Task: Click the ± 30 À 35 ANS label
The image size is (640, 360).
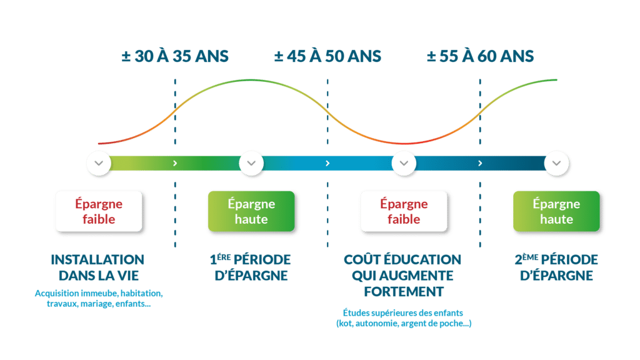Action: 175,56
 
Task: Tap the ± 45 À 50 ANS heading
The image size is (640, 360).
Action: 327,56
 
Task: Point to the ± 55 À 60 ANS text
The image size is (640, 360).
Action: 480,56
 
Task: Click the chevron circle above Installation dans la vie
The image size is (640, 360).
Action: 99,163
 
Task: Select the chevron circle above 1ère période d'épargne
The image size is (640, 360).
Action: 251,163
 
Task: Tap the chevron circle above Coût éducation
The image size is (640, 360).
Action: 404,163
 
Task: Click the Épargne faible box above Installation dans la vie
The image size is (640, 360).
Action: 99,211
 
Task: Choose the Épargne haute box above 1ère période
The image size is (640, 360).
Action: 251,211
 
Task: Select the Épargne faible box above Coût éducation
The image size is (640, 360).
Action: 404,211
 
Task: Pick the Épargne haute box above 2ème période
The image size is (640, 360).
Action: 556,211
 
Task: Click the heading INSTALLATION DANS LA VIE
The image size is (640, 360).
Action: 98,267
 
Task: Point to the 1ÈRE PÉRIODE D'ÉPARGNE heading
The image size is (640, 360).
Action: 251,267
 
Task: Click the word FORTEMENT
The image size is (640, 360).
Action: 404,291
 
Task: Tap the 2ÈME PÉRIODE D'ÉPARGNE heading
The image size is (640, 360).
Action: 556,267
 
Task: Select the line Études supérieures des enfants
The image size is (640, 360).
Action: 403,312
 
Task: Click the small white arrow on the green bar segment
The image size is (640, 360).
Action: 175,163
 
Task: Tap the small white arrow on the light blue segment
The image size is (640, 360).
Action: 327,163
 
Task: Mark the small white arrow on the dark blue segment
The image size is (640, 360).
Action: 480,163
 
